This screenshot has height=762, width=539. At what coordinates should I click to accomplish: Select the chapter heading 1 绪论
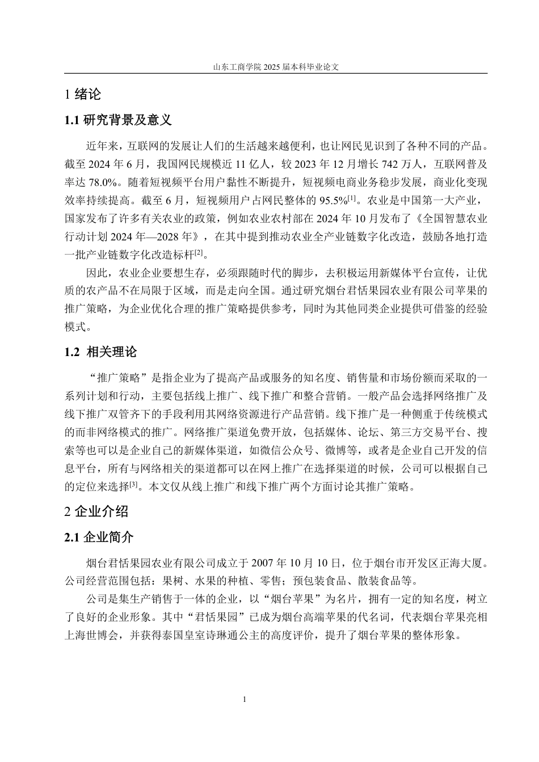coord(83,95)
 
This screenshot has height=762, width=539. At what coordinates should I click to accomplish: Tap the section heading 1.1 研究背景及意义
coord(118,120)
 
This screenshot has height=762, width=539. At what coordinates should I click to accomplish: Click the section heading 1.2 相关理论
coord(101,352)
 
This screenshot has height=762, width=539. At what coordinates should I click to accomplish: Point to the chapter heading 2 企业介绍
coord(96,512)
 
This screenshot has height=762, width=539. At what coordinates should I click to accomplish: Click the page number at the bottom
coord(244,700)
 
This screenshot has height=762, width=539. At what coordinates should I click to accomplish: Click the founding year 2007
coord(262,563)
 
